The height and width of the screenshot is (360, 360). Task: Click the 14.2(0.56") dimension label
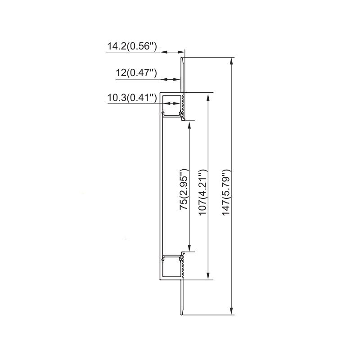click(x=132, y=46)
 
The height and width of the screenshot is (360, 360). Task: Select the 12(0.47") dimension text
click(x=136, y=73)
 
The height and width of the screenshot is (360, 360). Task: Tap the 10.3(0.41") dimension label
click(x=132, y=98)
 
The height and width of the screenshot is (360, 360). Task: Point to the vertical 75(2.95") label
click(x=184, y=189)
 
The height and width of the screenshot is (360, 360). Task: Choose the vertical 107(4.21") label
click(x=203, y=193)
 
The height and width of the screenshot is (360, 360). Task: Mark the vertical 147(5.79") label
click(x=226, y=193)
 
